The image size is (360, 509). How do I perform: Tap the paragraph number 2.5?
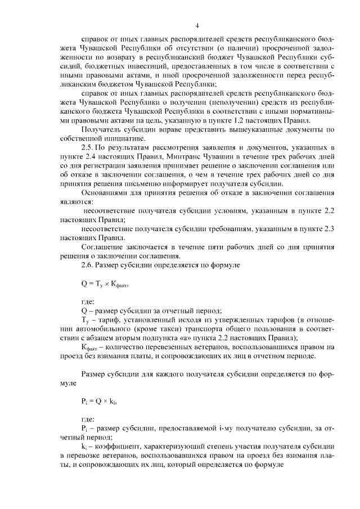click(89, 147)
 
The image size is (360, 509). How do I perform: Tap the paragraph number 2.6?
click(89, 264)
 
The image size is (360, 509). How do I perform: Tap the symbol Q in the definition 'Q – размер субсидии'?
click(84, 310)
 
